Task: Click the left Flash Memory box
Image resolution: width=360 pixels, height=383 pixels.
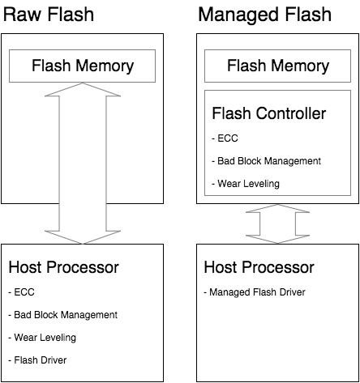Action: tap(82, 65)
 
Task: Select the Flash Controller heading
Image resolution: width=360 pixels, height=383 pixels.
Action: tap(268, 113)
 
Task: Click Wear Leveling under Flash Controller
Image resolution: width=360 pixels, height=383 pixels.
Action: tap(248, 184)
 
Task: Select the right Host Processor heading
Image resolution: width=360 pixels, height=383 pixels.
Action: tap(259, 267)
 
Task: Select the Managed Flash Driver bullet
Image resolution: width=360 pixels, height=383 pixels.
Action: tap(254, 292)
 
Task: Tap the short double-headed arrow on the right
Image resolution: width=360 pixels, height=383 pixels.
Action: tap(277, 223)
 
